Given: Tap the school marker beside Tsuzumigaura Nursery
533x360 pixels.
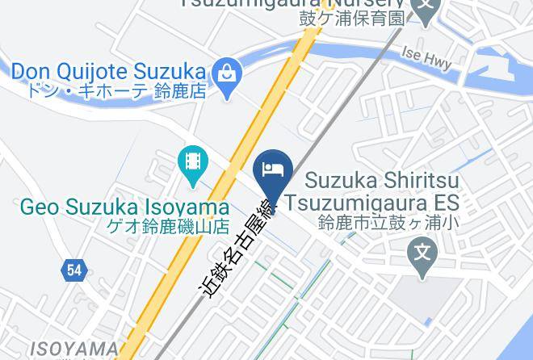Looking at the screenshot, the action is tap(425, 7).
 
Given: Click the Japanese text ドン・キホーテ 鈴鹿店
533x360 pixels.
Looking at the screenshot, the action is tap(116, 91).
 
